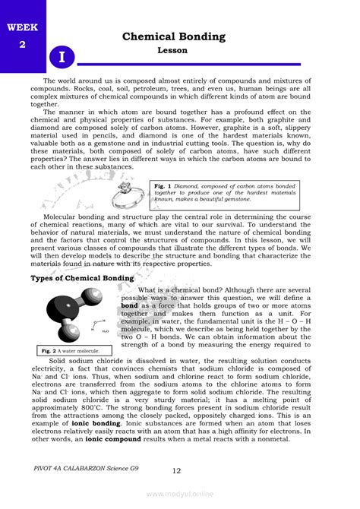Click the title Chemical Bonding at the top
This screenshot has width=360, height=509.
tap(174, 36)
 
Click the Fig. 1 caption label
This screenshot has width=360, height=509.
tap(160, 186)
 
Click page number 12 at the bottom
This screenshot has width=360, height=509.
tap(176, 471)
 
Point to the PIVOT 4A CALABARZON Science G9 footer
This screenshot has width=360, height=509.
tap(82, 469)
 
